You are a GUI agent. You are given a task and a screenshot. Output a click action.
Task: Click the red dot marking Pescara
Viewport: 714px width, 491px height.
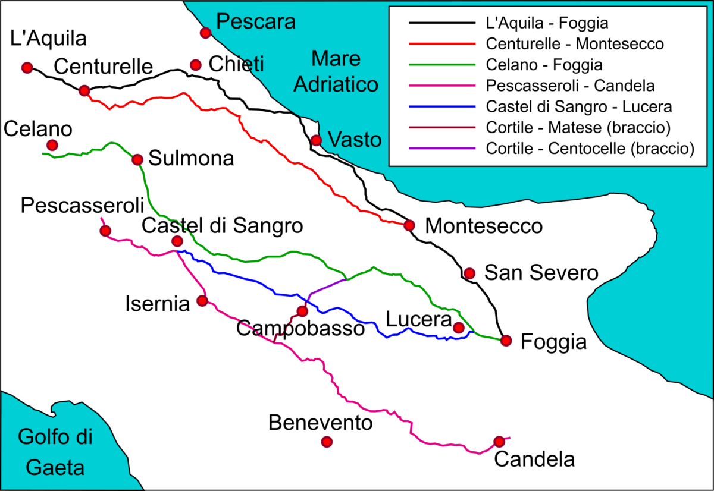pos(205,33)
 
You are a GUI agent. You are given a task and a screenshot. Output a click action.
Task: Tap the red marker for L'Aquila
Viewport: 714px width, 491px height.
pos(26,68)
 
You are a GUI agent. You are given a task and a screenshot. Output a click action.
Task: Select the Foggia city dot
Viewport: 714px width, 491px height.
pos(506,341)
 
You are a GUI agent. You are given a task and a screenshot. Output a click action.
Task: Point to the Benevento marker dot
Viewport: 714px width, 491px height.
pos(327,442)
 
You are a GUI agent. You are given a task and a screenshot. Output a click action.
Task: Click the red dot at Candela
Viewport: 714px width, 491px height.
pos(499,442)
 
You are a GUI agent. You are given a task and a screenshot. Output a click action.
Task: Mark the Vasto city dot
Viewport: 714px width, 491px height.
pos(317,140)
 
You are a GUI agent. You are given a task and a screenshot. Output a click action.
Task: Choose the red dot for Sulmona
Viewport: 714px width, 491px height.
pos(137,159)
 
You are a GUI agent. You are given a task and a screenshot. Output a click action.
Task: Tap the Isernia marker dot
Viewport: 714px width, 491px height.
pos(202,301)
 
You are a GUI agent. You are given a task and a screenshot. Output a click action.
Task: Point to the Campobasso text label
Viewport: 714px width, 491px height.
pos(300,328)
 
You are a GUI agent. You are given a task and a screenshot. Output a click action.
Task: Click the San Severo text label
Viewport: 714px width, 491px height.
pos(540,273)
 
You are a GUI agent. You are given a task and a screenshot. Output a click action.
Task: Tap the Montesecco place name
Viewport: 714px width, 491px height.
pos(484,226)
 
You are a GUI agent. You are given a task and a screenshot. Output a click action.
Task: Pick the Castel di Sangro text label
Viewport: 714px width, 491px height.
pos(222,225)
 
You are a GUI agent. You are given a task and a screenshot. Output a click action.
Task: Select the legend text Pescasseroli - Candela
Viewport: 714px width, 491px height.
pos(570,86)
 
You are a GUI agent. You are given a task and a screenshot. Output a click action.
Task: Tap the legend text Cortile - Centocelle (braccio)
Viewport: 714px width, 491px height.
pos(590,149)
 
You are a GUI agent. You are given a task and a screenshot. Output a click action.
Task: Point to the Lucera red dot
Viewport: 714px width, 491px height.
pos(458,328)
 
